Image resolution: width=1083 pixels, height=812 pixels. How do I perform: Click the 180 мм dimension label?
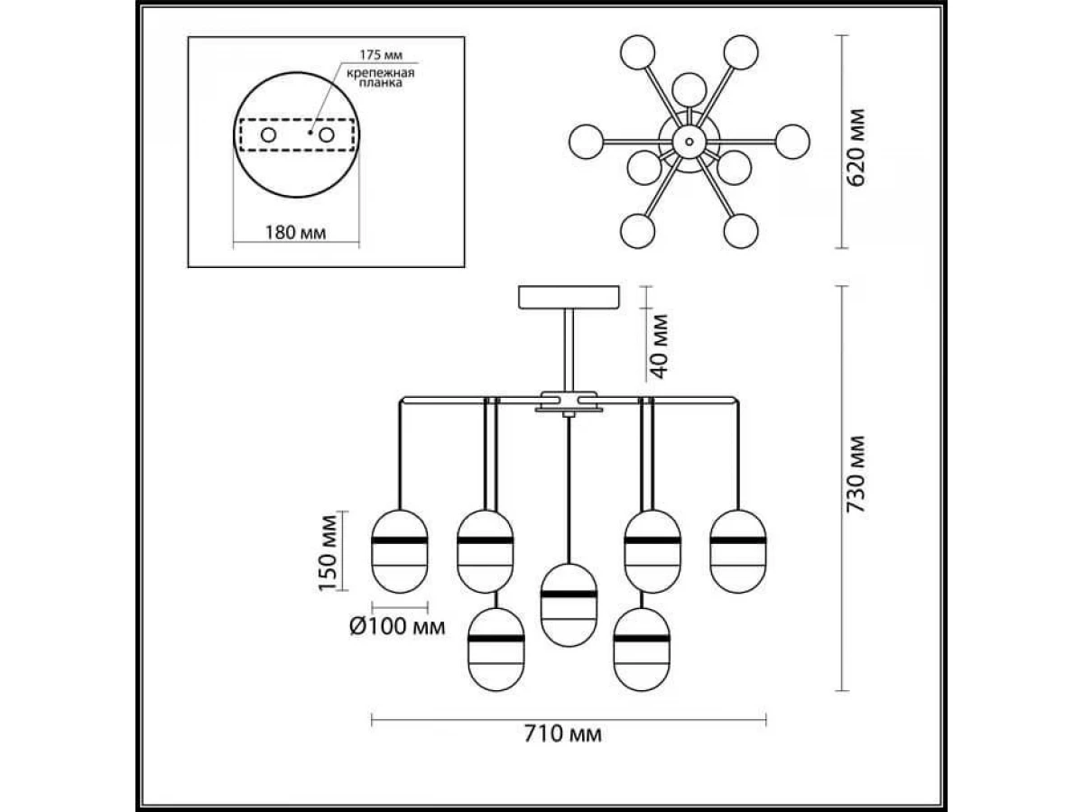295,234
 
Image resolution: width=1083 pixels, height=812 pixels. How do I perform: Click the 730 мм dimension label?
857,475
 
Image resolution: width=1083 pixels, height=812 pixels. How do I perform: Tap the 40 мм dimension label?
660,346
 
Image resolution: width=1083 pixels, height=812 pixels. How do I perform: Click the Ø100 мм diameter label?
396,627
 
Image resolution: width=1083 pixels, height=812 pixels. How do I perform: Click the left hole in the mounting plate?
268,135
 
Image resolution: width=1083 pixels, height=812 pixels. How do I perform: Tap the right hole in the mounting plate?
325,135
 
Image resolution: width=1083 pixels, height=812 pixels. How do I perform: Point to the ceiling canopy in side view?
569,297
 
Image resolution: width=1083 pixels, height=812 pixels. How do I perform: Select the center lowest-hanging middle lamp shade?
568,604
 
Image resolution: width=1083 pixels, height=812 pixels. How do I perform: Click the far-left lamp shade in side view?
401,551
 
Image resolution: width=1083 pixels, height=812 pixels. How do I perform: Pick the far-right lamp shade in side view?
737,550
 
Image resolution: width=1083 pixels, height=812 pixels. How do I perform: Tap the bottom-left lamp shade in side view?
495,649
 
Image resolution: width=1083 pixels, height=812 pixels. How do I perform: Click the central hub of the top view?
689,140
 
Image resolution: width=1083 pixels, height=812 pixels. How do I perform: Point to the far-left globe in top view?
587,140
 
